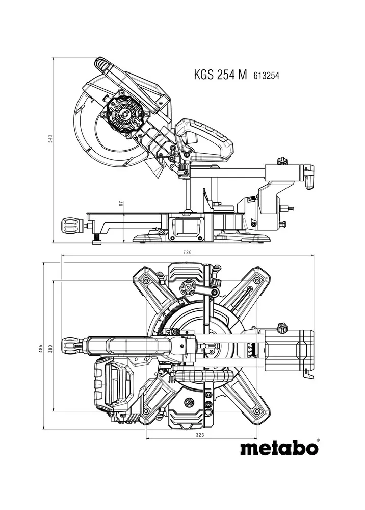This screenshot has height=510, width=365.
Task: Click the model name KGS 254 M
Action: tap(220, 75)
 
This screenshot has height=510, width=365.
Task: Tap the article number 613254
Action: tap(266, 76)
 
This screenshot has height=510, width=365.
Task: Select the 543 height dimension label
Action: tap(50, 138)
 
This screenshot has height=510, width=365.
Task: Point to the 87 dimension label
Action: tap(121, 204)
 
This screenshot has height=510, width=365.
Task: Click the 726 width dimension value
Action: tap(187, 252)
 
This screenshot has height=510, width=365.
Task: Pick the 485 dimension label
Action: tap(41, 348)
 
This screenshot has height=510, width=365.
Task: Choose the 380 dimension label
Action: tap(50, 349)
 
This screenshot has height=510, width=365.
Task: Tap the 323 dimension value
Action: tap(200, 435)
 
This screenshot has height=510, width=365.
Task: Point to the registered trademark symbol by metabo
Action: tap(318, 440)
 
